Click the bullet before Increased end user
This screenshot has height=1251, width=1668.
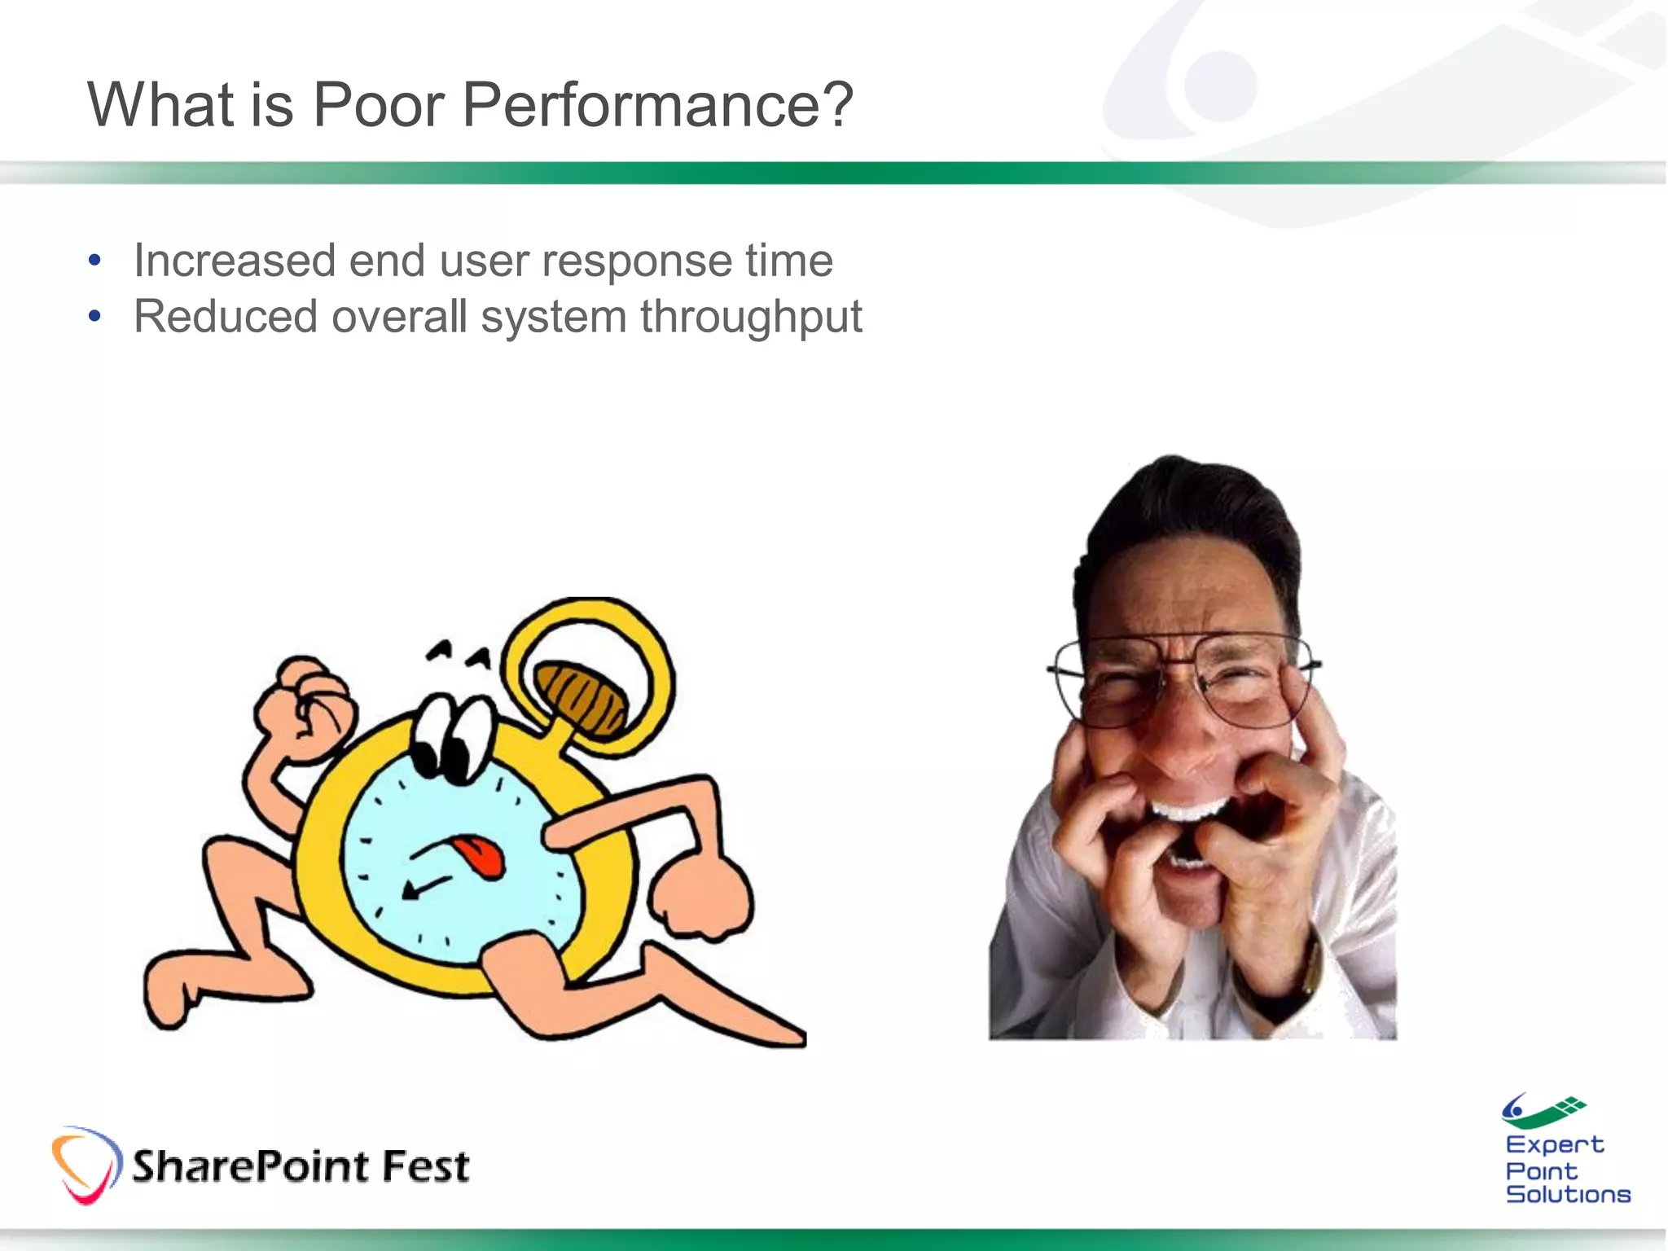(x=95, y=261)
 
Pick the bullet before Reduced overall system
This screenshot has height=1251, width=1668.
(x=95, y=317)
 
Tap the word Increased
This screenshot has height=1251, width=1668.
(x=235, y=261)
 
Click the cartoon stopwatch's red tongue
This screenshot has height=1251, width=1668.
(x=481, y=856)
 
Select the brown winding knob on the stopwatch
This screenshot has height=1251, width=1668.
(x=582, y=696)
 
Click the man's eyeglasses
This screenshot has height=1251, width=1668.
(x=1181, y=680)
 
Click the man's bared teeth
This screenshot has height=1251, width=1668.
(x=1189, y=810)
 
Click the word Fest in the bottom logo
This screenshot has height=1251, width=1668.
(x=426, y=1166)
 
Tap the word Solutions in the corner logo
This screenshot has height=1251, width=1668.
(x=1568, y=1195)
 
